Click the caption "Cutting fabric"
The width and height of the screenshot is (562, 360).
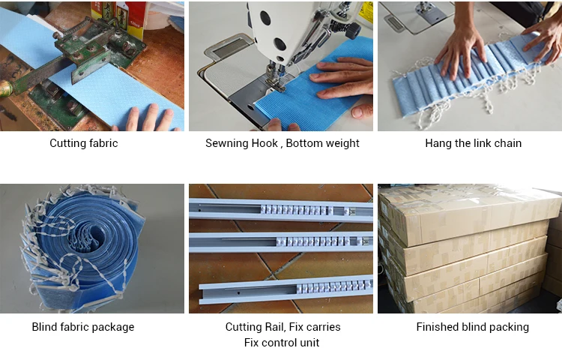pos(83,143)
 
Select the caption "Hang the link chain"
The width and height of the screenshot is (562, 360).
pos(473,143)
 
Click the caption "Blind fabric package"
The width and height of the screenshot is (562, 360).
pos(83,327)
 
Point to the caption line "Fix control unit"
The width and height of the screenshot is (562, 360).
pos(282,343)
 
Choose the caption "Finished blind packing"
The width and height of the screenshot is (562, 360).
pos(472,327)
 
